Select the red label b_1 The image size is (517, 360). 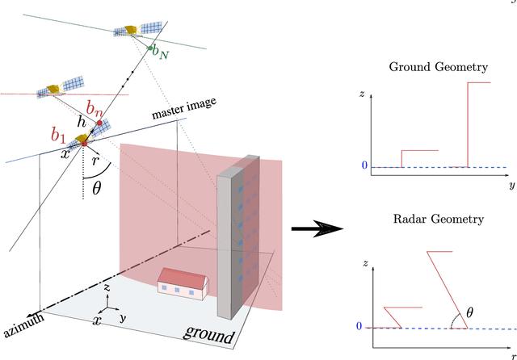coord(59,134)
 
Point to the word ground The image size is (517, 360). coord(209,333)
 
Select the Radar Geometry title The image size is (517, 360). coord(436,219)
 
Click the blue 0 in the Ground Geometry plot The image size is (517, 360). coord(364,166)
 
